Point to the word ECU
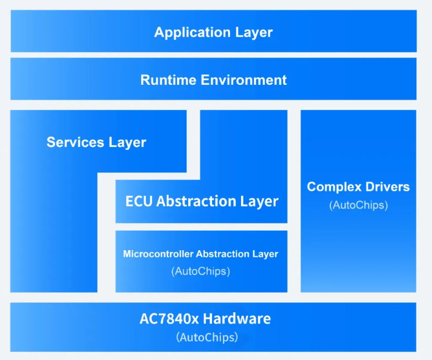pyautogui.click(x=139, y=201)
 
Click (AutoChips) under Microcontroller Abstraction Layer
pyautogui.click(x=200, y=271)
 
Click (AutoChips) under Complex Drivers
pyautogui.click(x=358, y=205)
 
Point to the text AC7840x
pyautogui.click(x=169, y=319)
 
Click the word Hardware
pyautogui.click(x=237, y=319)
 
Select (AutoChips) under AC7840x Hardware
pyautogui.click(x=207, y=337)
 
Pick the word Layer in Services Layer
pyautogui.click(x=127, y=143)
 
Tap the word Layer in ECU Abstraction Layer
pyautogui.click(x=259, y=201)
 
